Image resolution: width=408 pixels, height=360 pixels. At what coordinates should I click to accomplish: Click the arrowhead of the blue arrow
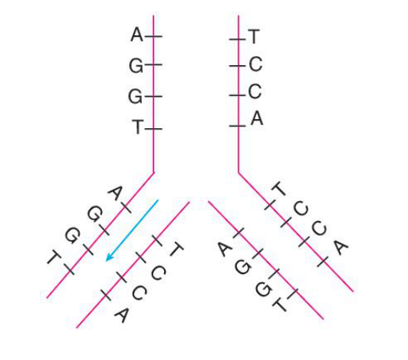[109, 258]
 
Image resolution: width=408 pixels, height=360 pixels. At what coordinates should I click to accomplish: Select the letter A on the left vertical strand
[137, 35]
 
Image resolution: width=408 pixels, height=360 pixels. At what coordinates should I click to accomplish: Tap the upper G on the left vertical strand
[136, 66]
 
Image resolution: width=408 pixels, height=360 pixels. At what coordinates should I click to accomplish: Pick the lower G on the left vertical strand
[135, 97]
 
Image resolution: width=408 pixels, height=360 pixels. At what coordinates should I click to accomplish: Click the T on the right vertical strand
[254, 37]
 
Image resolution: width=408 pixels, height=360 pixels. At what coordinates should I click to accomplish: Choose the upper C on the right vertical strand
[255, 64]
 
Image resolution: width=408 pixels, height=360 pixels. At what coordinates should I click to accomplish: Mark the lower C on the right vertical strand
[255, 91]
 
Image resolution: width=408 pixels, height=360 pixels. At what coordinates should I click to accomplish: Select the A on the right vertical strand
[257, 118]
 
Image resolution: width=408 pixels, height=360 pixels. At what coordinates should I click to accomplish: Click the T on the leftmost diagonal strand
[54, 257]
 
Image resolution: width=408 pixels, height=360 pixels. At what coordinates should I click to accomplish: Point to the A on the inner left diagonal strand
[122, 315]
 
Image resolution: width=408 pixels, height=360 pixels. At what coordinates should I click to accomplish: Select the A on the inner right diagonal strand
[224, 249]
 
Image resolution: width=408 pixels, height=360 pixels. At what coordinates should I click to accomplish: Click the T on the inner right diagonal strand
[279, 304]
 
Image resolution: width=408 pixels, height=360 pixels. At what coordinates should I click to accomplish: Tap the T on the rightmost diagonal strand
[278, 189]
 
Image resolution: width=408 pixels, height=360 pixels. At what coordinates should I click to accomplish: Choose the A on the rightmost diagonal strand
[341, 247]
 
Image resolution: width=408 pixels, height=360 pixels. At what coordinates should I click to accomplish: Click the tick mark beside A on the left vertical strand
[153, 36]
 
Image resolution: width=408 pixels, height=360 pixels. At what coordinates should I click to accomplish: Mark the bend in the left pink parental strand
[153, 172]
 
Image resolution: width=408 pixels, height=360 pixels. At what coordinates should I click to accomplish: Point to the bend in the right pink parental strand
[239, 173]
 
